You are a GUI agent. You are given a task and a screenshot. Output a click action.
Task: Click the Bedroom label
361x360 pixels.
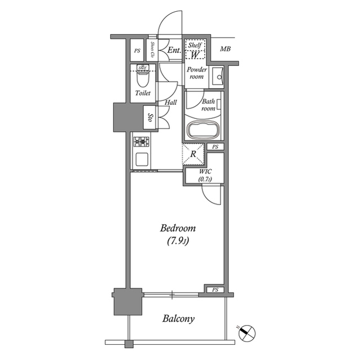[x=178, y=228]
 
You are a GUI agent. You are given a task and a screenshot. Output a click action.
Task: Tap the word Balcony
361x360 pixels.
[x=178, y=319]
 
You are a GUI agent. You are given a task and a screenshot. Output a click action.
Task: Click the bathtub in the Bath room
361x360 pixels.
[x=202, y=131]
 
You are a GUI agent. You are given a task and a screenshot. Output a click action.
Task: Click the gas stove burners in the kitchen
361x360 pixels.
[x=140, y=141]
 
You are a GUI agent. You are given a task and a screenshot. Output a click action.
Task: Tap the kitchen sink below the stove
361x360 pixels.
[x=141, y=158]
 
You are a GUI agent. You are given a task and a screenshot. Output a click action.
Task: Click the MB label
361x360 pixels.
[x=225, y=50]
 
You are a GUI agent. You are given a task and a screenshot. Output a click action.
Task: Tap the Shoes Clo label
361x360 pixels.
[x=153, y=50]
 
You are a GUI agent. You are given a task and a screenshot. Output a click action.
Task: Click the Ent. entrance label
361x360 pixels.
[x=174, y=51]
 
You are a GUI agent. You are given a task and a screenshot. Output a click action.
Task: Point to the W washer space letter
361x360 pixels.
[x=193, y=55]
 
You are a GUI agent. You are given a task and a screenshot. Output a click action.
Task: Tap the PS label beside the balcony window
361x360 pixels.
[x=215, y=290]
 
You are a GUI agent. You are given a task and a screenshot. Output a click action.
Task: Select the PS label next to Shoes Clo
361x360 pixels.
[x=137, y=51]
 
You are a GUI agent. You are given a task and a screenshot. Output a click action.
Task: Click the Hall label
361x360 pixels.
[x=170, y=103]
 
